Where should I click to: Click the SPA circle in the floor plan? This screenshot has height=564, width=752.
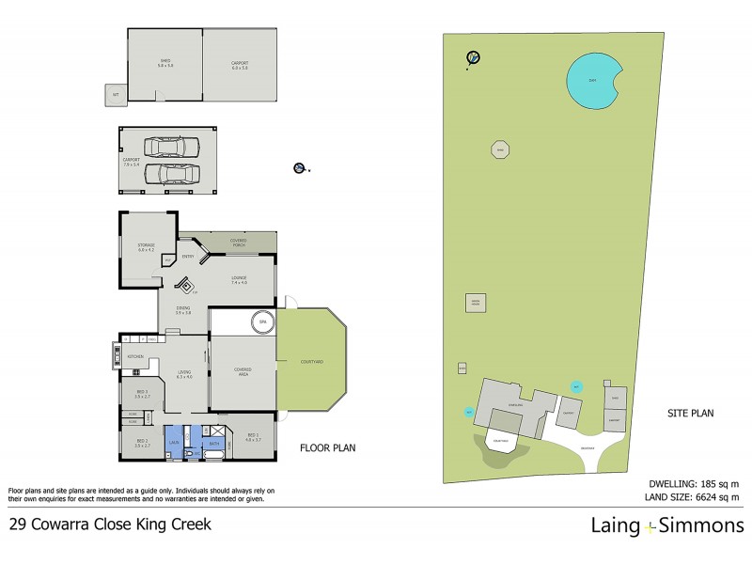258,323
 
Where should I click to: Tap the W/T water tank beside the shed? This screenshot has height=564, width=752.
115,94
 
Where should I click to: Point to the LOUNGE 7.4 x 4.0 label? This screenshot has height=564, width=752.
238,280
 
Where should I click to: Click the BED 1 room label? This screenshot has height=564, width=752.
252,436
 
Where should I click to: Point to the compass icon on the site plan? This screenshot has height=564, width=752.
474,58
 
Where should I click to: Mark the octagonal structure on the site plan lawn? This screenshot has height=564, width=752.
501,149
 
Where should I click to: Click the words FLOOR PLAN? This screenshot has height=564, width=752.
326,447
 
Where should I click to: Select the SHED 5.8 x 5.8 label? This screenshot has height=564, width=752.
164,64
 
